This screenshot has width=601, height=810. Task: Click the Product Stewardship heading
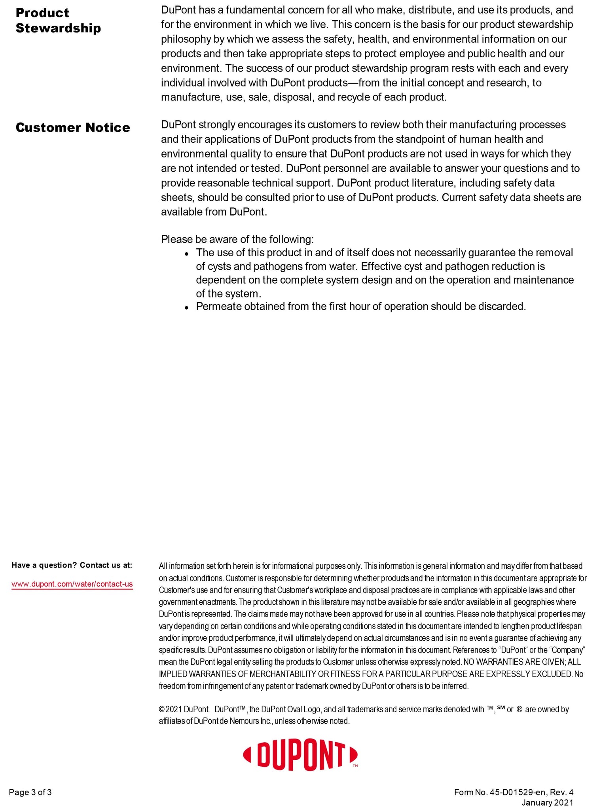(x=58, y=21)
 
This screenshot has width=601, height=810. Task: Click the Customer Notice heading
(x=73, y=128)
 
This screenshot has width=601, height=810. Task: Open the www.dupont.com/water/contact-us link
(x=72, y=584)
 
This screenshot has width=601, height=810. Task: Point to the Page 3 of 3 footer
(x=30, y=792)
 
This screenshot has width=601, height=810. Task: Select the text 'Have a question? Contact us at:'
(x=72, y=565)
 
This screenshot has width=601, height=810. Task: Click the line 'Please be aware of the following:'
(x=237, y=239)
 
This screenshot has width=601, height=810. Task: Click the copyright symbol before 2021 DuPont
(x=161, y=710)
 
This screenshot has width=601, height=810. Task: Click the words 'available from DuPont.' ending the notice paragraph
(x=214, y=212)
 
